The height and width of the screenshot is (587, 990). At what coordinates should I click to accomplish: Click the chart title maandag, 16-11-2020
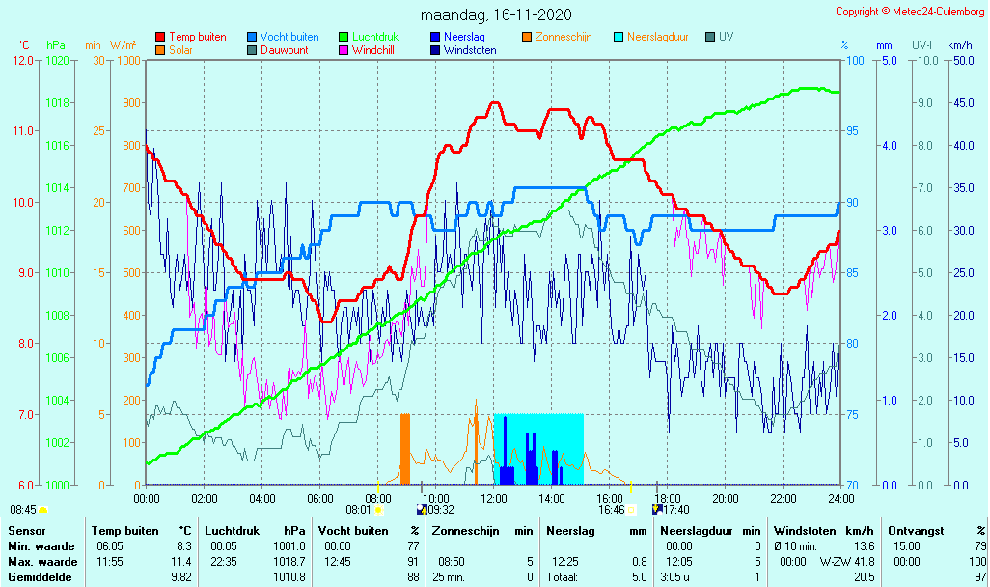(496, 15)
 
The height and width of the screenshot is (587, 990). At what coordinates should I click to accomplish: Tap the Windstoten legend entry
(470, 50)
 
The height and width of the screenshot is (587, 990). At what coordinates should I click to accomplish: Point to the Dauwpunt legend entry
(284, 50)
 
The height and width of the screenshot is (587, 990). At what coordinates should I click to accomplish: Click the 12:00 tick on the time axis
(494, 498)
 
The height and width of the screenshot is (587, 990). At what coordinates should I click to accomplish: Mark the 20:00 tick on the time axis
(726, 498)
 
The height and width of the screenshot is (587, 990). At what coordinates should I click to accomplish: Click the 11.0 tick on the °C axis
(22, 131)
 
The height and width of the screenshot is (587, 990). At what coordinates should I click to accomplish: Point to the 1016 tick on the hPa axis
(57, 145)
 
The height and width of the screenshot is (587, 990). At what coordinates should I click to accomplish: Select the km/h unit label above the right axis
(959, 45)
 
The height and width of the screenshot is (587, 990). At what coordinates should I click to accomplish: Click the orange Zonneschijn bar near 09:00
(405, 449)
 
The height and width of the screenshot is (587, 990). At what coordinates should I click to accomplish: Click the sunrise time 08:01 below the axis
(358, 510)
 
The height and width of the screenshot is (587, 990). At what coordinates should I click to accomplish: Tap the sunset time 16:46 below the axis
(611, 510)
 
